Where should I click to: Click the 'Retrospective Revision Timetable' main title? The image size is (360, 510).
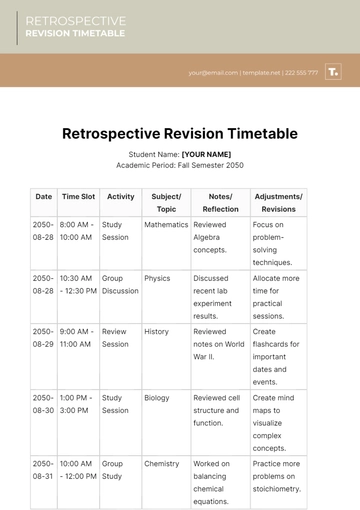(x=180, y=133)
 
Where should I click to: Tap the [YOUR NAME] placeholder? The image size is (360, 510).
(x=206, y=154)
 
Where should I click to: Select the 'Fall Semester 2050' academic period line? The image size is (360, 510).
(x=180, y=165)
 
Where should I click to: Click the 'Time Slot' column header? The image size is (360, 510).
(x=78, y=197)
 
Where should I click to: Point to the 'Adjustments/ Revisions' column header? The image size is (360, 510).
(x=278, y=203)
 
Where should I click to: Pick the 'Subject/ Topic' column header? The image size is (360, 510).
(x=166, y=203)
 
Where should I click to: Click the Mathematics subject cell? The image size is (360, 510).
(x=166, y=225)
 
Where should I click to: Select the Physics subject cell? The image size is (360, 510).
(x=157, y=279)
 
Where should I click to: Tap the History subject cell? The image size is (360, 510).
(x=156, y=331)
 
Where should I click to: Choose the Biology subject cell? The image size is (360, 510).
(x=157, y=397)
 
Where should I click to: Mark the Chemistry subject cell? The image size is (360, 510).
(x=161, y=464)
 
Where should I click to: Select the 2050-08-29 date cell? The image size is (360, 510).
(x=43, y=337)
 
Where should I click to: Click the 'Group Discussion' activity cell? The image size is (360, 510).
(x=121, y=285)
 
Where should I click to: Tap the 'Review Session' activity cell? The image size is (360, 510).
(x=115, y=337)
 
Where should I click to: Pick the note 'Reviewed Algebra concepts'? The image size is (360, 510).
(x=216, y=231)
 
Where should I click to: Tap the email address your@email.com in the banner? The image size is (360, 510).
(x=212, y=73)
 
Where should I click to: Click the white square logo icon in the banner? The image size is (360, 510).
(x=334, y=72)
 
